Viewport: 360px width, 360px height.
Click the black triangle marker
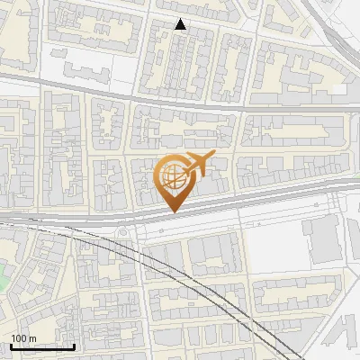(181, 24)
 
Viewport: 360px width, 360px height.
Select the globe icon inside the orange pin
(173, 177)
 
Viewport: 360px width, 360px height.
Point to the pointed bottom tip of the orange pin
(175, 211)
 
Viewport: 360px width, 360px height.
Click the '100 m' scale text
(23, 338)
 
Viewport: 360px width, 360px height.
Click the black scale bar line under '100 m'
(42, 346)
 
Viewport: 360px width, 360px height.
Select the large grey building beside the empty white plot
(321, 239)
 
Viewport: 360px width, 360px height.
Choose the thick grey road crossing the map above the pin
(180, 97)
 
